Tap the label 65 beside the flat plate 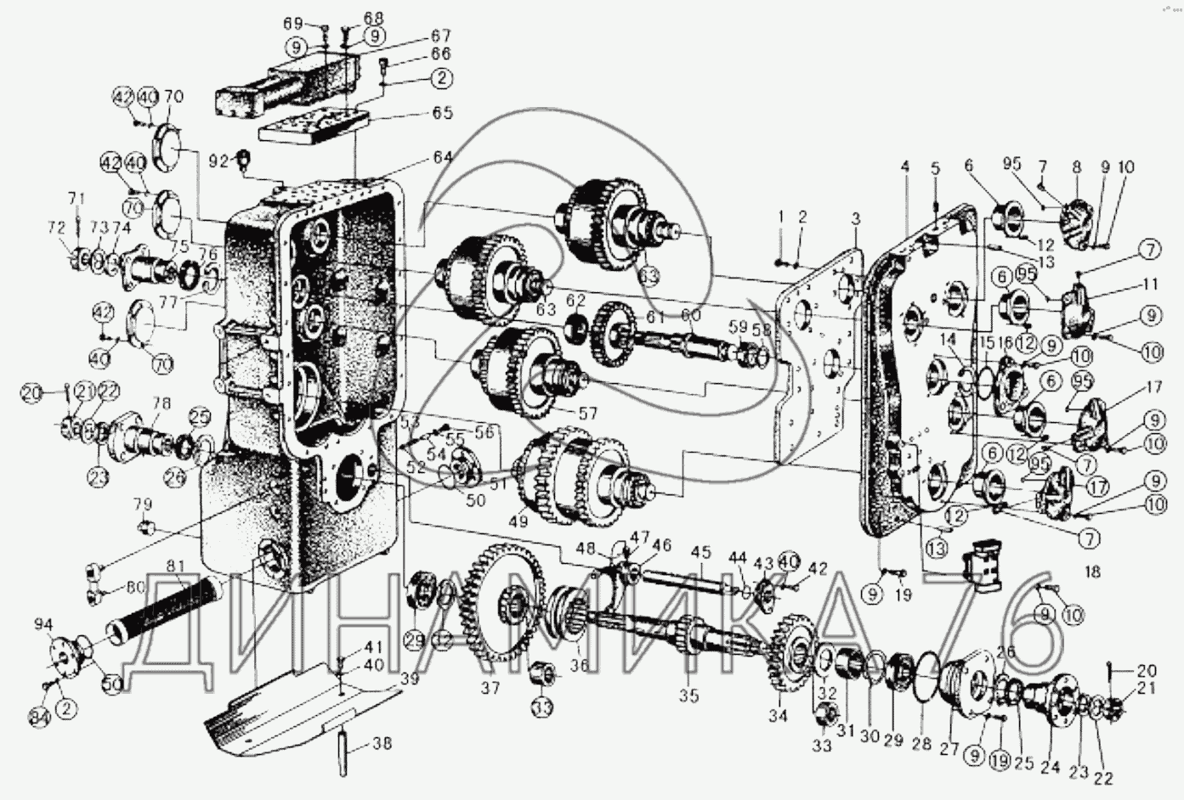point(443,114)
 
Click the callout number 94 point(43,626)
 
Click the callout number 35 point(688,696)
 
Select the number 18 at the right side point(1093,572)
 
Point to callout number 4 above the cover point(906,167)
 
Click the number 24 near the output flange point(1051,767)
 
